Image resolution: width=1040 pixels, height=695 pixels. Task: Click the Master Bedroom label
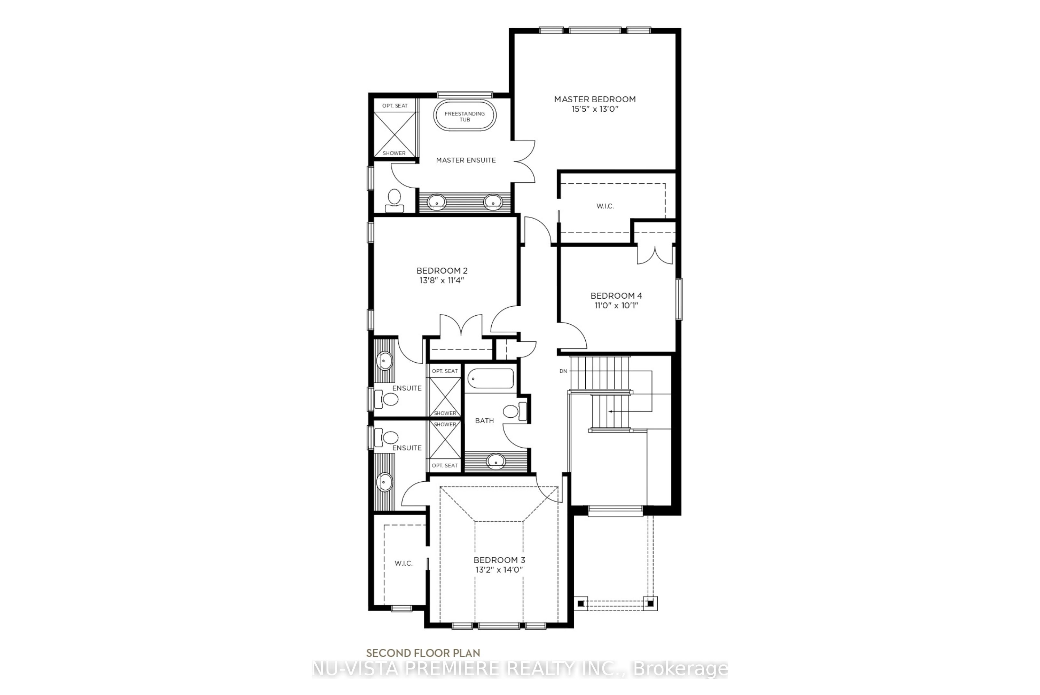[x=594, y=99]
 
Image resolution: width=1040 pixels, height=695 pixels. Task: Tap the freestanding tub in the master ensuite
[x=464, y=116]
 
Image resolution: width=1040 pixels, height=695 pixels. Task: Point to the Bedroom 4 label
[x=616, y=296]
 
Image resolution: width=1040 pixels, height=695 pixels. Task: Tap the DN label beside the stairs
[x=563, y=371]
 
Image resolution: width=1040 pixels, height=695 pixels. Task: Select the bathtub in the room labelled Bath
[x=491, y=379]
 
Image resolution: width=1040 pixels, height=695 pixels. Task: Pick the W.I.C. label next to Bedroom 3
[x=404, y=563]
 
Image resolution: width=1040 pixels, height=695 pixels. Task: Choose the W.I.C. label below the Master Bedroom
[x=605, y=206]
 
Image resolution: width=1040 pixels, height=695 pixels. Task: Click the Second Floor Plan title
[x=423, y=653]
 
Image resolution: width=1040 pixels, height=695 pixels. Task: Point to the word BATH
[x=484, y=421]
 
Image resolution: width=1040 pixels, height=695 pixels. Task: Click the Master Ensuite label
[x=466, y=160]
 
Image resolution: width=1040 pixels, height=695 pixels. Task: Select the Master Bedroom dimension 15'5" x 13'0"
[x=594, y=109]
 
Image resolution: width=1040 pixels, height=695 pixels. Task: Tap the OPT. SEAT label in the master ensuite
[x=395, y=106]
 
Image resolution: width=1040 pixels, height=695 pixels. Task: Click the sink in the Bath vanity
[x=496, y=461]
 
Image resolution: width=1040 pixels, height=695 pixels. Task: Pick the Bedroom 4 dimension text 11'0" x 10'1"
[x=616, y=305]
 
